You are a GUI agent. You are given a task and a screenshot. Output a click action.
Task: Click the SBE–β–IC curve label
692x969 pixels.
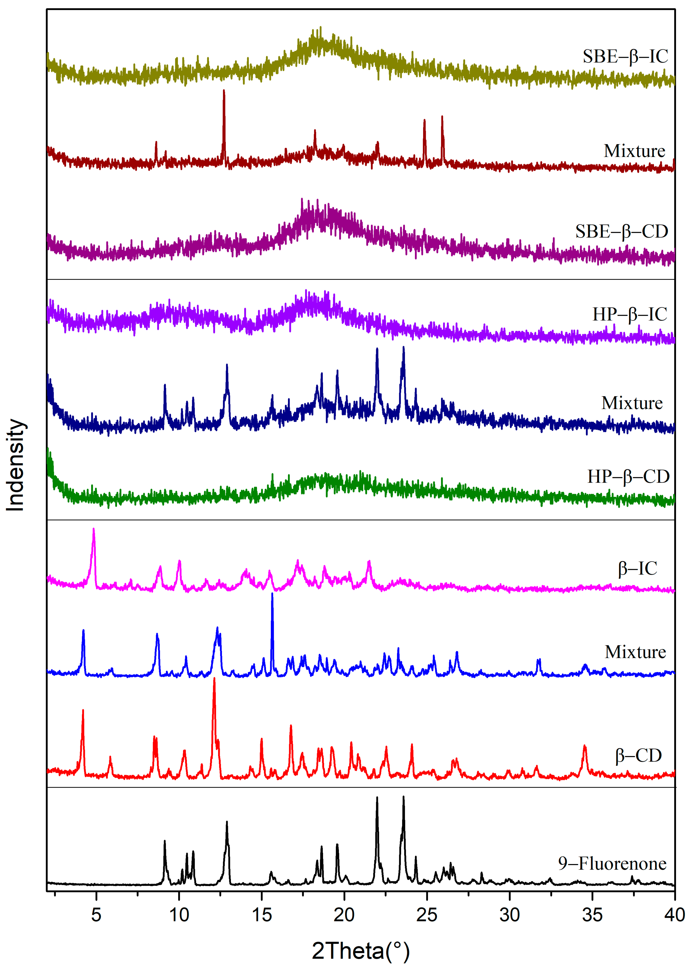point(625,57)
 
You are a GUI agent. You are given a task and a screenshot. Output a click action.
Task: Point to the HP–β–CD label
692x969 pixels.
point(628,477)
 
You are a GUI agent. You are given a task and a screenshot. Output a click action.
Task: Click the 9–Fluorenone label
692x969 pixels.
point(612,864)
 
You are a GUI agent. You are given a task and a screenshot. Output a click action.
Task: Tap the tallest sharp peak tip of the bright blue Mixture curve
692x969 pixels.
point(272,594)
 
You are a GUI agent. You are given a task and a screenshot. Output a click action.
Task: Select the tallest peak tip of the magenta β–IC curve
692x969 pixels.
point(94,529)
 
